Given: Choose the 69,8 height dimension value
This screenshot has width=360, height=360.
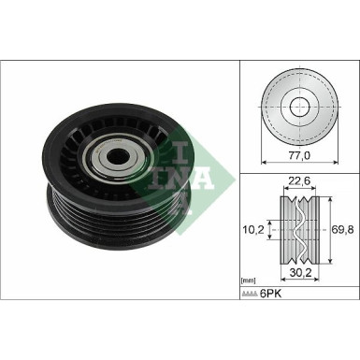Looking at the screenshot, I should [341, 227].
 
